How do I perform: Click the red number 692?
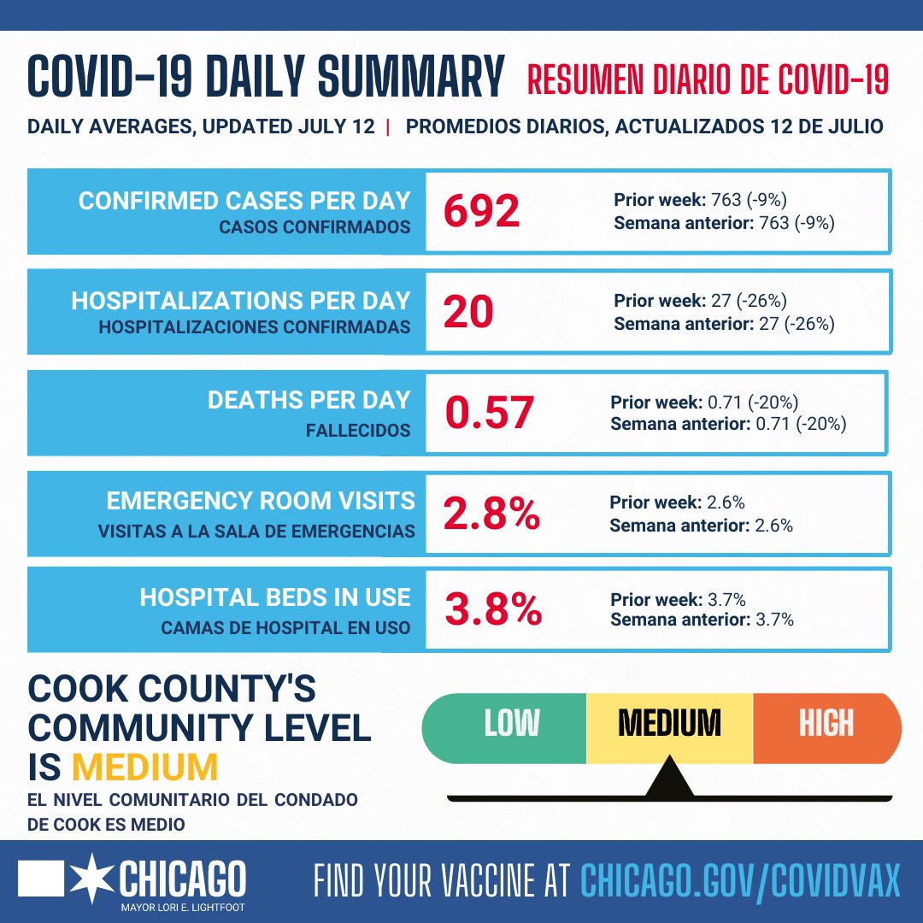(x=482, y=210)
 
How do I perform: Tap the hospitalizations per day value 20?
(x=468, y=312)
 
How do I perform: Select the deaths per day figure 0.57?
(x=489, y=413)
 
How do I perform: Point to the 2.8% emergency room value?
(x=491, y=513)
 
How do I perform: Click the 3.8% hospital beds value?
(x=493, y=610)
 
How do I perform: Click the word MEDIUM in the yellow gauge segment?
(x=669, y=724)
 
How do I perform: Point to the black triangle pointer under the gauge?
(x=669, y=779)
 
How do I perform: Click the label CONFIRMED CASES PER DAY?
(x=244, y=201)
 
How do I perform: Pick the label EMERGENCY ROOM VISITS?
(x=260, y=501)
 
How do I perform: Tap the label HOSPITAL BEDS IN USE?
(x=275, y=597)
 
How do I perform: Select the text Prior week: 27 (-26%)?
(x=700, y=301)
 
